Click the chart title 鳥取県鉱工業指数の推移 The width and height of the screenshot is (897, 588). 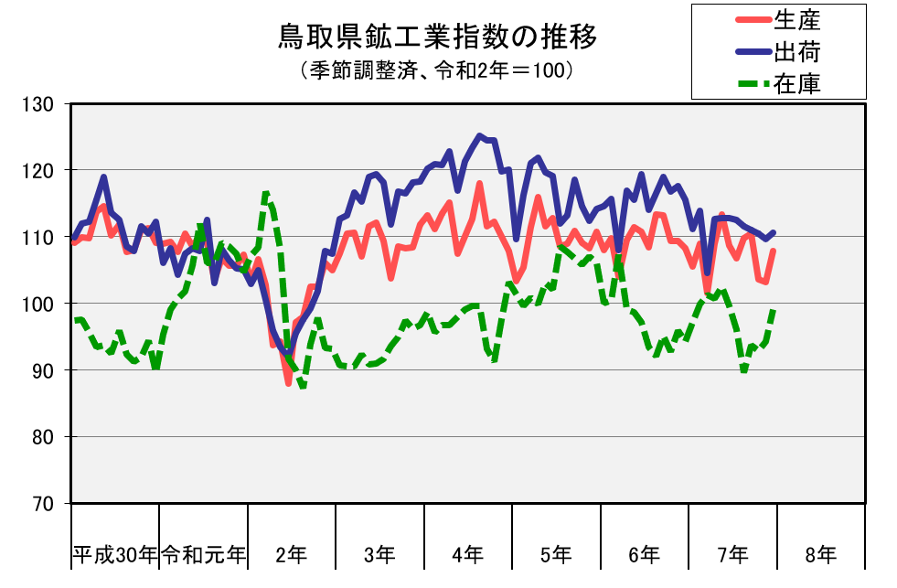437,38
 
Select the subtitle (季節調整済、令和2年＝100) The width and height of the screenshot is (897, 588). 436,69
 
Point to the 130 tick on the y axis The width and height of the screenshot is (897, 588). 41,104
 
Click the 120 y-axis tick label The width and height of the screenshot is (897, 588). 41,171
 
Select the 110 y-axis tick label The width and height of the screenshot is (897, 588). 41,238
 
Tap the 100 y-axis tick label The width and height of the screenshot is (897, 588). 41,304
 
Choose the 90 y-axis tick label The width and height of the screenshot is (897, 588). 45,370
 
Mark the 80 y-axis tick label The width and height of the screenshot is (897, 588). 45,437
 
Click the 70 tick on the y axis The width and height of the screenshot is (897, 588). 45,504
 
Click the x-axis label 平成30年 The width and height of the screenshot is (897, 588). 115,554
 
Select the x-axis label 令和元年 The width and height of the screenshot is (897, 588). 203,554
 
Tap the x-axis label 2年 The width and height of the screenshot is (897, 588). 292,554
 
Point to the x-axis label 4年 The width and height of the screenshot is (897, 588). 467,554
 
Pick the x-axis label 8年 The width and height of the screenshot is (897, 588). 820,554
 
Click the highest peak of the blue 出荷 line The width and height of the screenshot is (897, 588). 479,136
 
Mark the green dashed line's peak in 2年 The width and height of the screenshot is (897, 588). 266,192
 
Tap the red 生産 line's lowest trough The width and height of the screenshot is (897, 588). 288,383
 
